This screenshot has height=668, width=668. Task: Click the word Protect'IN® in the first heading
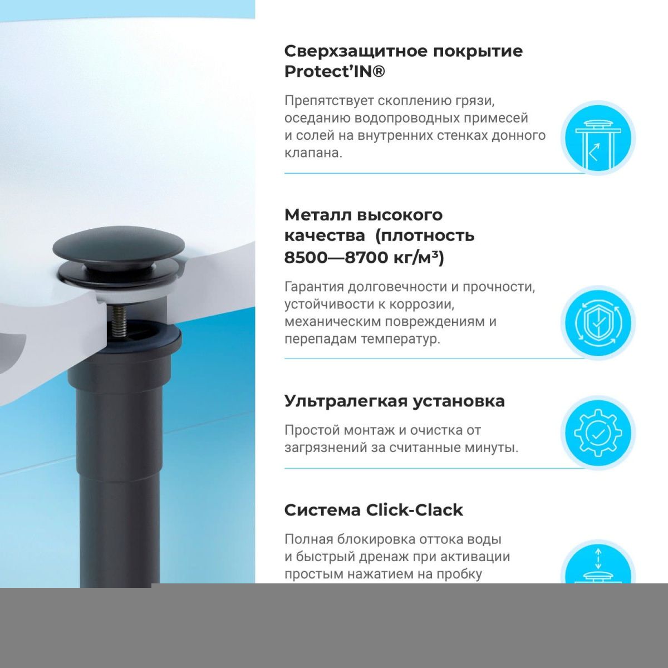[x=335, y=71]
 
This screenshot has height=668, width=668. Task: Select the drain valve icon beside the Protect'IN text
[x=598, y=138]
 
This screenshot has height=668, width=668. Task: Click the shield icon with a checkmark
[x=598, y=323]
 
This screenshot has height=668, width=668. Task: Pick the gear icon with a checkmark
[x=598, y=433]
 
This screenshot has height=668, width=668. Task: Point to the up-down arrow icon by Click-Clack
[x=598, y=558]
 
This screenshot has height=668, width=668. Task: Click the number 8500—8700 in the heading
[x=336, y=258]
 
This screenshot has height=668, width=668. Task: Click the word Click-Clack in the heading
[x=414, y=510]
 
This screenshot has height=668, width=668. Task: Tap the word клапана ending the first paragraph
[x=313, y=153]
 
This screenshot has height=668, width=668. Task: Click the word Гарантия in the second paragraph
[x=314, y=287]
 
